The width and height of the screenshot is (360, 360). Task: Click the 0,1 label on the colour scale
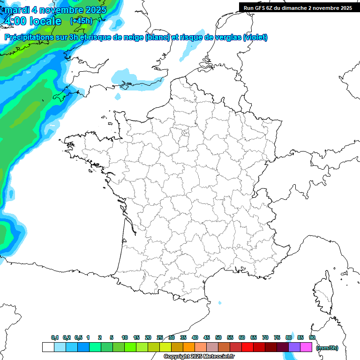click(x=55, y=337)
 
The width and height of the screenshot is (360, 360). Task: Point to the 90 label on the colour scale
click(x=312, y=337)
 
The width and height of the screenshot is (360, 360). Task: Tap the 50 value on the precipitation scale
click(x=218, y=337)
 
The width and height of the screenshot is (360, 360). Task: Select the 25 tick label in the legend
click(x=160, y=337)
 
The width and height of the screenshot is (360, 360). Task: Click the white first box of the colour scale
click(x=48, y=347)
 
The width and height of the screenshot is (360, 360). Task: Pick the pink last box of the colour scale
click(x=306, y=347)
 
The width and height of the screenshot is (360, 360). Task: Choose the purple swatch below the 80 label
click(x=294, y=347)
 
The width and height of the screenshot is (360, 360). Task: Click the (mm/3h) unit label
click(x=327, y=348)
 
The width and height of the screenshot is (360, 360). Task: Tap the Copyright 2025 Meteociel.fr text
click(x=199, y=357)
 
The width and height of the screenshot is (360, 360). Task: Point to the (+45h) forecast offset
click(x=81, y=21)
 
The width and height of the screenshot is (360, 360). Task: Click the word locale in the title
click(x=45, y=21)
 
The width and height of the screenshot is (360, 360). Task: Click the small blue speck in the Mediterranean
click(x=219, y=303)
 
